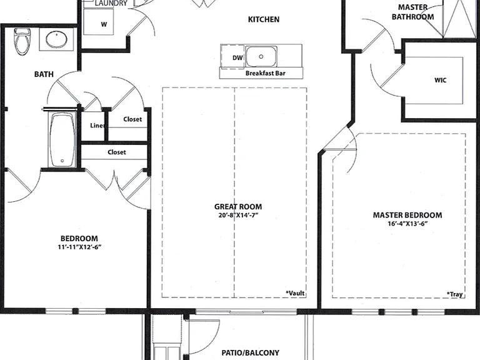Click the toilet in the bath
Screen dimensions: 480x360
coord(22,41)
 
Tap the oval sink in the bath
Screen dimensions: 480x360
coord(57,39)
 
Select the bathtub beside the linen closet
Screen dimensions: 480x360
coord(62,140)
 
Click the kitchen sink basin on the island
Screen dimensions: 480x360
coord(261,56)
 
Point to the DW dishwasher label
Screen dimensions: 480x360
coord(237,57)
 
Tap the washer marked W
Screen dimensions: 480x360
coord(99,21)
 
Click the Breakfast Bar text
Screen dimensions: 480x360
coord(266,73)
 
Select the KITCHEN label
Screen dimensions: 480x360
coord(264,19)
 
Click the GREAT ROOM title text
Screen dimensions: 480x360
coord(238,207)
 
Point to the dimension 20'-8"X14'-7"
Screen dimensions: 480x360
coord(238,215)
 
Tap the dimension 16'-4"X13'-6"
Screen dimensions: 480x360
coord(407,224)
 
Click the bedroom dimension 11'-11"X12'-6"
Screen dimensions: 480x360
coord(79,247)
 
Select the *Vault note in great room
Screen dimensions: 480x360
coord(295,293)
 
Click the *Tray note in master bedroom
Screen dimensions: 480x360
coord(455,294)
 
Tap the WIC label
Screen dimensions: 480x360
coord(440,80)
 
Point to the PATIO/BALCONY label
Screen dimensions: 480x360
coord(251,353)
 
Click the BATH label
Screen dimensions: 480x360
coord(44,74)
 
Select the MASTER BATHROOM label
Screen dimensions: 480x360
coord(412,12)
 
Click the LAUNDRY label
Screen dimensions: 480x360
coord(111,3)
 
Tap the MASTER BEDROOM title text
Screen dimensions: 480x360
coord(407,215)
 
